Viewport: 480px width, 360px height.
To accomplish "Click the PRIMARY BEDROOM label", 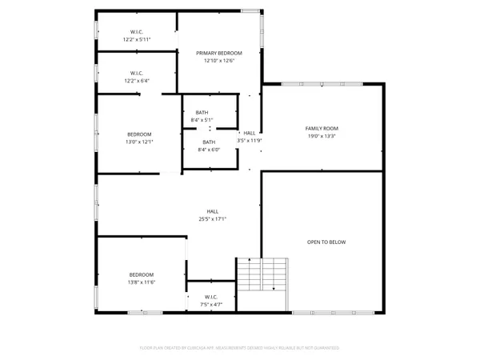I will (x=219, y=53).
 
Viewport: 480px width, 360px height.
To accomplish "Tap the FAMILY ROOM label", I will (x=322, y=128).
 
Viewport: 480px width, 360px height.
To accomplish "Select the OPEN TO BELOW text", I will (x=326, y=242).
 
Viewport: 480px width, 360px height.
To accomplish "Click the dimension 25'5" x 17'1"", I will (x=213, y=219).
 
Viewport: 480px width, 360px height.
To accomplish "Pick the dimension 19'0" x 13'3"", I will (x=322, y=136).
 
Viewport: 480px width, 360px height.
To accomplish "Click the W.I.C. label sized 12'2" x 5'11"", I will (x=137, y=31).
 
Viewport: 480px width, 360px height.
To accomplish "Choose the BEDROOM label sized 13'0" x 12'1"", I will (x=139, y=134).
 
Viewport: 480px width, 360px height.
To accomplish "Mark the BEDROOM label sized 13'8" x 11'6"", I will (x=142, y=274).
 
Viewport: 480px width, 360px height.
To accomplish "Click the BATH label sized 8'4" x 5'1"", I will (x=202, y=112).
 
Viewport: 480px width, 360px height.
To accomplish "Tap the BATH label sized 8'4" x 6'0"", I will (x=208, y=142).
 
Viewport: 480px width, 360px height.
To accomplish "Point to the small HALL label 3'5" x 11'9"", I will (x=250, y=133).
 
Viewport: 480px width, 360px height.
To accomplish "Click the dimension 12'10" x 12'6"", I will (x=219, y=61).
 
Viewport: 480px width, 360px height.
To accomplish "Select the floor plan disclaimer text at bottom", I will (x=239, y=348).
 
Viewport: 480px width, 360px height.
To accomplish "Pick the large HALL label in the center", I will (x=213, y=211).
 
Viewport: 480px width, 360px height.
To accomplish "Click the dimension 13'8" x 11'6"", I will (x=142, y=282).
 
